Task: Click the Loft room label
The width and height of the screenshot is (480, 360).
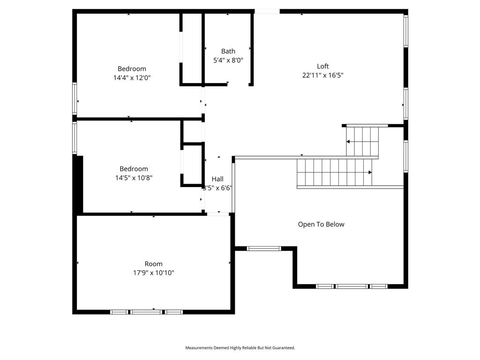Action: pyautogui.click(x=322, y=66)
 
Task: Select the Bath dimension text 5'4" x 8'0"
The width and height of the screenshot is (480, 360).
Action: pyautogui.click(x=228, y=60)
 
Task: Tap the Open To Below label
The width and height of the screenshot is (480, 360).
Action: pyautogui.click(x=321, y=224)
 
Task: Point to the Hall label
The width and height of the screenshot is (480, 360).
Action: pyautogui.click(x=217, y=179)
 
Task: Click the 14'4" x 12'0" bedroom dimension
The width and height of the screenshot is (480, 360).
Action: pyautogui.click(x=132, y=77)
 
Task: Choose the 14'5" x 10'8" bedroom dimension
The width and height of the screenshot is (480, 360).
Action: pyautogui.click(x=134, y=178)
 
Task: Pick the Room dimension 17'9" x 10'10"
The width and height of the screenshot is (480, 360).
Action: pyautogui.click(x=153, y=273)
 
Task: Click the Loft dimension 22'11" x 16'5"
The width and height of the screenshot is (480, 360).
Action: pyautogui.click(x=322, y=75)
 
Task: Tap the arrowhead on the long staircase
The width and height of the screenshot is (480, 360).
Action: pyautogui.click(x=370, y=172)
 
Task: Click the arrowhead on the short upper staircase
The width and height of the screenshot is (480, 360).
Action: pyautogui.click(x=348, y=141)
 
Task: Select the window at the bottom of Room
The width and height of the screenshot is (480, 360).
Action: pyautogui.click(x=146, y=312)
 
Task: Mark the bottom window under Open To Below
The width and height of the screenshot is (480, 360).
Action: pyautogui.click(x=352, y=286)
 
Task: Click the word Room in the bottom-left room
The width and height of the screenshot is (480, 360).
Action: pyautogui.click(x=153, y=264)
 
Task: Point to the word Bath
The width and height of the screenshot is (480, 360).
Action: pyautogui.click(x=228, y=51)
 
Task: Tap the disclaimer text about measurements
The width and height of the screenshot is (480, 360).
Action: pyautogui.click(x=240, y=348)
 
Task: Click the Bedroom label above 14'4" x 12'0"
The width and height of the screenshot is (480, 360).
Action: pyautogui.click(x=132, y=68)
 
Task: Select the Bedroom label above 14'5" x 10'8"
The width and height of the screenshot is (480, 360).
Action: pyautogui.click(x=134, y=169)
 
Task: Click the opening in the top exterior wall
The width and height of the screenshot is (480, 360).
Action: pyautogui.click(x=267, y=11)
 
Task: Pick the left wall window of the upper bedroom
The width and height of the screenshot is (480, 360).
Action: pyautogui.click(x=75, y=98)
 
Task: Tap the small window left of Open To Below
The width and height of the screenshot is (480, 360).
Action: pyautogui.click(x=264, y=248)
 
